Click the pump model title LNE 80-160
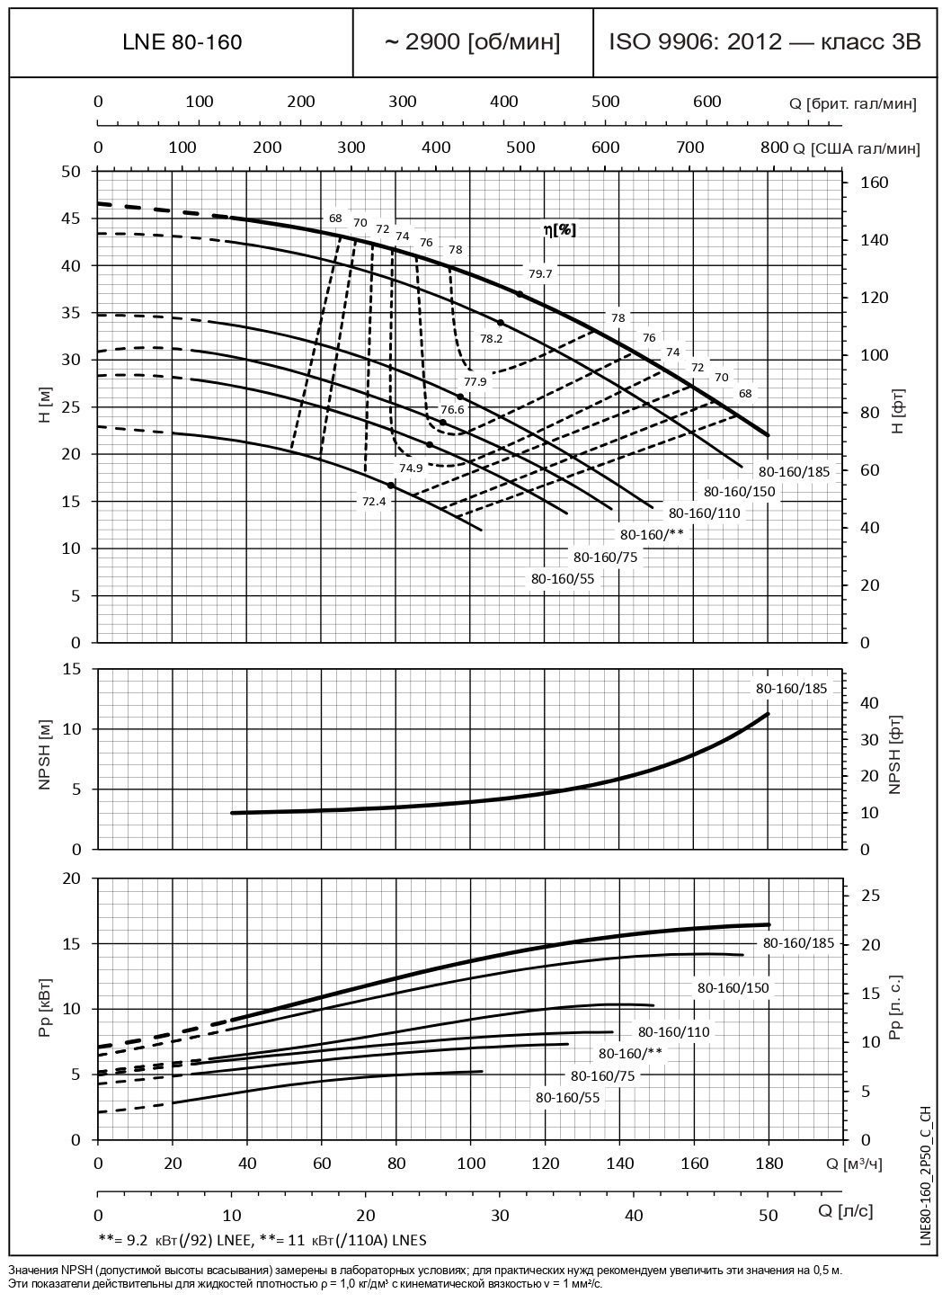pyautogui.click(x=182, y=42)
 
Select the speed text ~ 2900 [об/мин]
pyautogui.click(x=473, y=42)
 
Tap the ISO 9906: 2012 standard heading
pyautogui.click(x=765, y=42)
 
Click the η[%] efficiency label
pyautogui.click(x=559, y=230)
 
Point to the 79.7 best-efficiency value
pyautogui.click(x=541, y=273)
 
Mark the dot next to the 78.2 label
pyautogui.click(x=501, y=323)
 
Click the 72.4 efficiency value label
pyautogui.click(x=374, y=502)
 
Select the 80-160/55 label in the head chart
pyautogui.click(x=563, y=579)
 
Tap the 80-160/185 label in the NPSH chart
pyautogui.click(x=791, y=688)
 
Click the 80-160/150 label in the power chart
pyautogui.click(x=733, y=987)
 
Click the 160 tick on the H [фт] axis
pyautogui.click(x=875, y=183)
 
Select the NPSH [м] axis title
pyautogui.click(x=46, y=759)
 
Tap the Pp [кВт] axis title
pyautogui.click(x=46, y=1008)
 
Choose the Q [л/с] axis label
pyautogui.click(x=846, y=1210)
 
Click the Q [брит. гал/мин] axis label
pyautogui.click(x=853, y=103)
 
